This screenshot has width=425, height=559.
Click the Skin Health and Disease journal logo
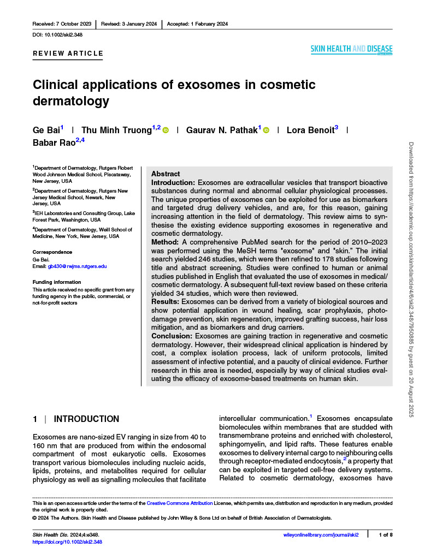click(351, 50)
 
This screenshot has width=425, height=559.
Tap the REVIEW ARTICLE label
click(68, 53)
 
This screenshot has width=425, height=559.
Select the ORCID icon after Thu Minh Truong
click(166, 130)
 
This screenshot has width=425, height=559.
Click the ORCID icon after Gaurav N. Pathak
click(267, 130)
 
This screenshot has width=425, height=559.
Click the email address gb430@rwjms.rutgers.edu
click(77, 266)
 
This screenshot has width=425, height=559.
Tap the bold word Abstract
click(166, 174)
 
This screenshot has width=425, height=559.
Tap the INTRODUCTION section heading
click(86, 419)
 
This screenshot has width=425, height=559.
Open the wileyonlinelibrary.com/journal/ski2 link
click(318, 534)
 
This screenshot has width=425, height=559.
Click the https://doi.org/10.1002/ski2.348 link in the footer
click(67, 542)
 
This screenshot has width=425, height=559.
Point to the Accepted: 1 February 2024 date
click(197, 24)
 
